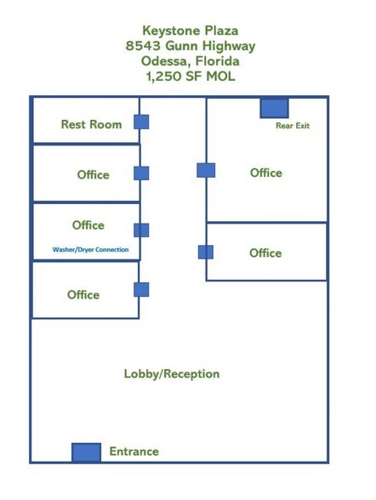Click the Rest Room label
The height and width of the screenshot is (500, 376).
[92, 124]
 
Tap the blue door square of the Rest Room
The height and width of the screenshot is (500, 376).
[141, 122]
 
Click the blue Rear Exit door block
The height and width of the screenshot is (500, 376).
[274, 109]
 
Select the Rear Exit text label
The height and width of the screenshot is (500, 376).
[293, 126]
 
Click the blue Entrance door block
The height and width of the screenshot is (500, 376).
[87, 452]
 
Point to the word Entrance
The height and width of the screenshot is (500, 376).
[134, 452]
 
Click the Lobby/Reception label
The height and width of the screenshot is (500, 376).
[172, 374]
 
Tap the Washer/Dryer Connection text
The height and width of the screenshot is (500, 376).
[90, 249]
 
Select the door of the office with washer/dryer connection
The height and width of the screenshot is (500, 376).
[141, 230]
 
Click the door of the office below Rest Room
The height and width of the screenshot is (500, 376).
[141, 173]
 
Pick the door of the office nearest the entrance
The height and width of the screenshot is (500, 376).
[141, 289]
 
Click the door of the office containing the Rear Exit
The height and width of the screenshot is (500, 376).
[206, 170]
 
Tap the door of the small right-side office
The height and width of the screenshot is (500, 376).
[206, 253]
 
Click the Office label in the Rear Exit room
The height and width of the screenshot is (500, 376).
[266, 173]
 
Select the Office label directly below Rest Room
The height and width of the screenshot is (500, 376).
[93, 175]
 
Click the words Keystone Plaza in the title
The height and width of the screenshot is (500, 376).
[191, 31]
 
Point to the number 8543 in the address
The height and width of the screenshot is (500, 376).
[143, 46]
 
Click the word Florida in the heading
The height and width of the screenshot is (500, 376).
[218, 60]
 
